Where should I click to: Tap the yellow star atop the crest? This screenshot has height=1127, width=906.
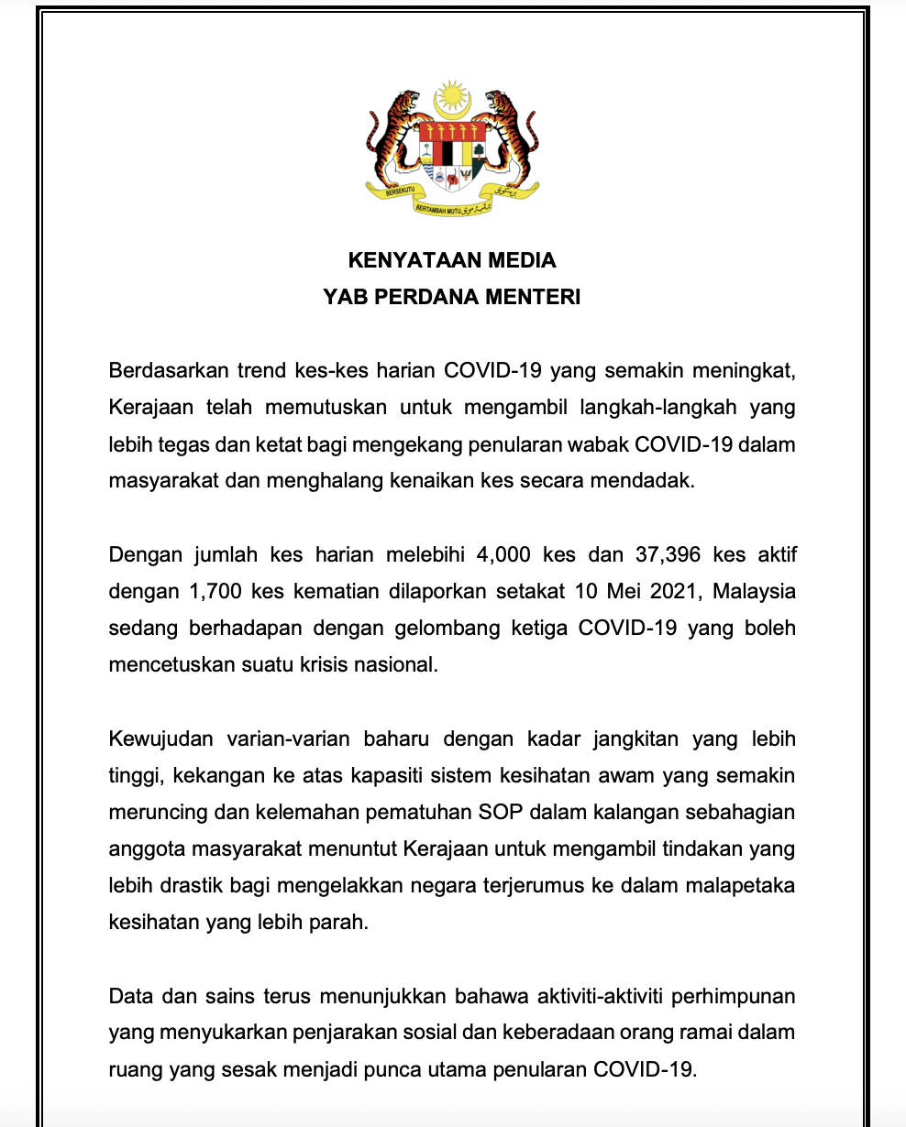pos(452,95)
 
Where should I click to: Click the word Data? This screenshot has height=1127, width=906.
pos(130,994)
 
